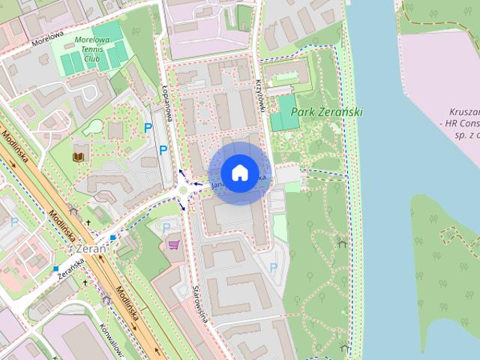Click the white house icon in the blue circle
tap(239, 172)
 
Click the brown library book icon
tap(78, 157)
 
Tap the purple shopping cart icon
tap(175, 244)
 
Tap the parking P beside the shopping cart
tap(166, 227)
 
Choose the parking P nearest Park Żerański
tap(273, 266)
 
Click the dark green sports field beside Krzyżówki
tap(284, 112)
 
